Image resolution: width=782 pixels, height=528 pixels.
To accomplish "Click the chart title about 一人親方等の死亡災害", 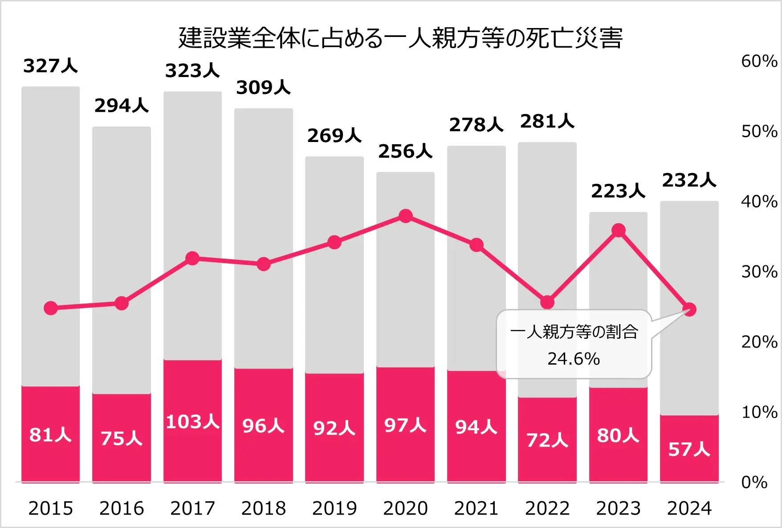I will click(x=400, y=38).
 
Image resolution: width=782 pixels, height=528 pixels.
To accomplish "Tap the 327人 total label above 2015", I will click(x=50, y=66).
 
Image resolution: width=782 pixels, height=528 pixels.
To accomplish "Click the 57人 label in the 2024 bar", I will click(x=689, y=449).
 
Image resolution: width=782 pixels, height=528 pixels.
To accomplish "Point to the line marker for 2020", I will click(x=405, y=216).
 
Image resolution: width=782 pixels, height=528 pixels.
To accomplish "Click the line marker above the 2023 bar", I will click(x=618, y=230).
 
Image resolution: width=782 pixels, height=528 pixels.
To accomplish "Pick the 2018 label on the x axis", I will click(x=263, y=508).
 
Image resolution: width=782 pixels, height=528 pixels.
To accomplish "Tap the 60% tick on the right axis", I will click(x=759, y=61).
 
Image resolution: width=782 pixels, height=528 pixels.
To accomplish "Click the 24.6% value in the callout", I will click(x=574, y=359).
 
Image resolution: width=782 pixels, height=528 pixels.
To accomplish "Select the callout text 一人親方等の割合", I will click(x=574, y=332).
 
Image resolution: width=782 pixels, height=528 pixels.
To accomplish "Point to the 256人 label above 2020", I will click(x=405, y=151).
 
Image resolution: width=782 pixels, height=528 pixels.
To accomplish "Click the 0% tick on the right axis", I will click(x=754, y=482).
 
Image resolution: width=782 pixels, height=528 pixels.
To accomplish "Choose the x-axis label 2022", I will click(x=547, y=508).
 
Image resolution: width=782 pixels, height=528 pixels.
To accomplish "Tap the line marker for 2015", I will click(x=51, y=308).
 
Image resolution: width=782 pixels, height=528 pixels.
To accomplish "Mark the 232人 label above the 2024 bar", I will click(x=689, y=180).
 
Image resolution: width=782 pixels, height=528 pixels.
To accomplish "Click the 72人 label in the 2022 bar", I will click(x=547, y=440).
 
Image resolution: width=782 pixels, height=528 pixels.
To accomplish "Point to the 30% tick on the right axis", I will click(x=759, y=272).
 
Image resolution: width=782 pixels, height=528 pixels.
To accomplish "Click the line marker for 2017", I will click(x=192, y=258).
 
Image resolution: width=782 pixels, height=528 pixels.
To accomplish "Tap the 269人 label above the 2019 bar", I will click(x=334, y=135).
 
